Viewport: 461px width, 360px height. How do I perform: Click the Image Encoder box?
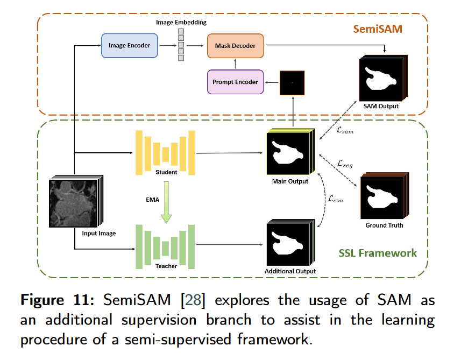point(129,46)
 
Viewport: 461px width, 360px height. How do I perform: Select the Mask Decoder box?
point(235,46)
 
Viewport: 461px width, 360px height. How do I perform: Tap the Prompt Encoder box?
point(235,82)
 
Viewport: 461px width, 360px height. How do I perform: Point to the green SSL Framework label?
point(378,252)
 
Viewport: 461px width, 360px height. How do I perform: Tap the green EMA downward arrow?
point(167,202)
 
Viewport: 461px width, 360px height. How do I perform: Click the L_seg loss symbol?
point(345,162)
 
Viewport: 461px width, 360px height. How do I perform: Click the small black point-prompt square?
point(292,82)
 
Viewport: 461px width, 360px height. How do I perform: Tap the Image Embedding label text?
point(181,22)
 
